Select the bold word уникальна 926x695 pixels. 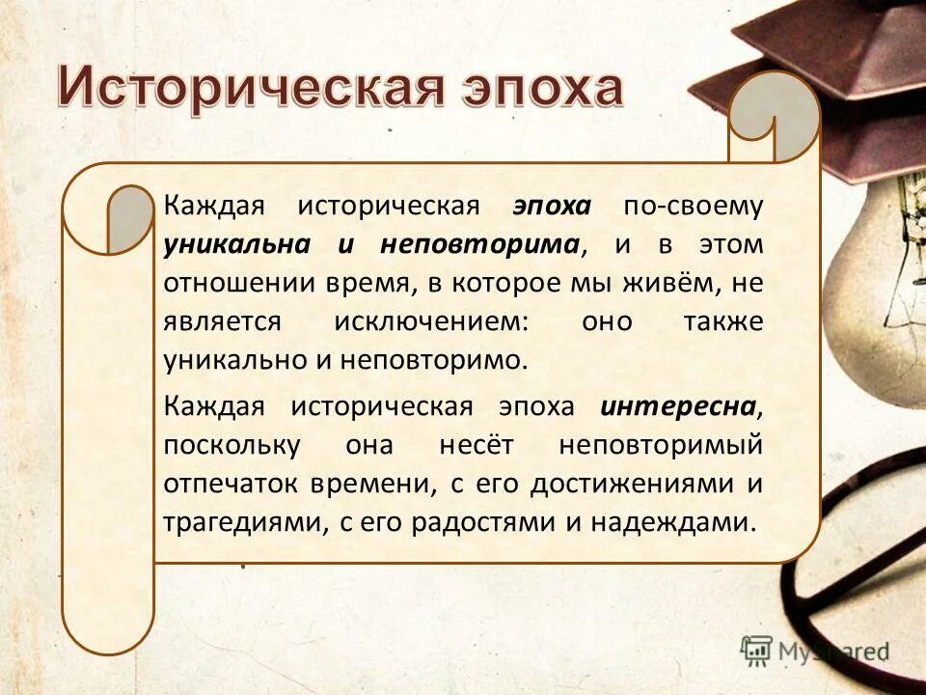point(236,244)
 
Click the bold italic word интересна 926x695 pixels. point(676,406)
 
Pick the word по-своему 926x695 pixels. point(693,206)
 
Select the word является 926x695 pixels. point(223,321)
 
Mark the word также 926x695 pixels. point(722,321)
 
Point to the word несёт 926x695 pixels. point(475,445)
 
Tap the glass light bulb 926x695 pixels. point(873,290)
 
